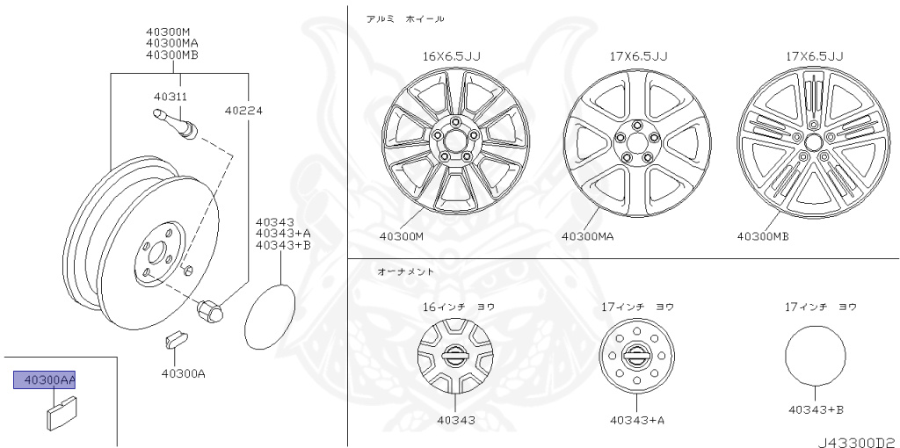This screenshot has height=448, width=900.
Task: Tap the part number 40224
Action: tap(243, 111)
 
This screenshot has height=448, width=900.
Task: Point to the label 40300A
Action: tap(183, 373)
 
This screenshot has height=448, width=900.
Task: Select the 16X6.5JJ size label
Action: tap(451, 56)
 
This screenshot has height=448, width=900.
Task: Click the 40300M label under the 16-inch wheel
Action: tap(402, 235)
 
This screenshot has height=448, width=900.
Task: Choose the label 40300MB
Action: tap(763, 235)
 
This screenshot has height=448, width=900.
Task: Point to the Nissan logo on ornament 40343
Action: tap(454, 355)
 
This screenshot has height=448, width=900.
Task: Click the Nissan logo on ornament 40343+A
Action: tap(636, 356)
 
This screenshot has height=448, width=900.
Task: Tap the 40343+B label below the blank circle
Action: tap(816, 409)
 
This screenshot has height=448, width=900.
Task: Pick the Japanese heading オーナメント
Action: tap(406, 271)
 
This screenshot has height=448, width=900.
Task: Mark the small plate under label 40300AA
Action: tap(61, 411)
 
